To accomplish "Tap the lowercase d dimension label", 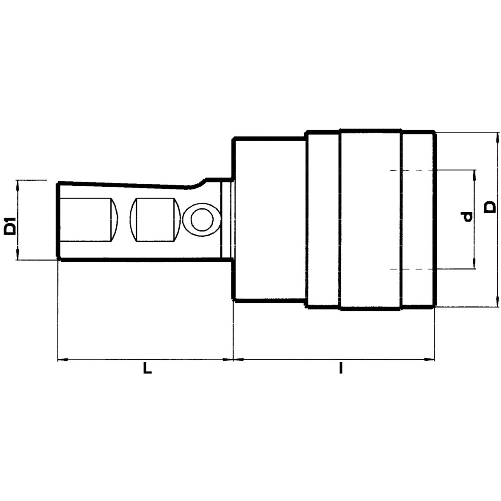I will tap(468, 217).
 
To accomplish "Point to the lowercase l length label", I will tap(341, 370).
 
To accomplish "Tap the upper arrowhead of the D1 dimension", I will tap(18, 184).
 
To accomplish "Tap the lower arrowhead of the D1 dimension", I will tap(18, 256).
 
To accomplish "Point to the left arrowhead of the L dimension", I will tap(62, 359).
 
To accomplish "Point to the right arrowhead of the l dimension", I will tap(430, 359).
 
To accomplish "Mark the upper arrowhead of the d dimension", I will tap(474, 175).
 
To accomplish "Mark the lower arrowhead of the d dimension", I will tap(474, 265).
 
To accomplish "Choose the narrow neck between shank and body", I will tap(227, 218).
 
